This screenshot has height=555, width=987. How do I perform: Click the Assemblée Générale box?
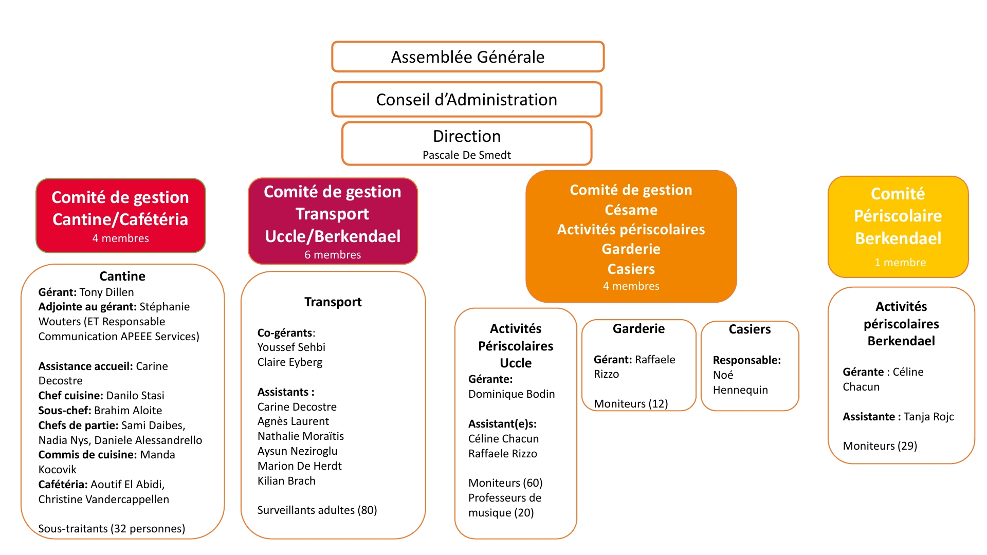tap(467, 57)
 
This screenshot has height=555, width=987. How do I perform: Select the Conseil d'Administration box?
tap(466, 99)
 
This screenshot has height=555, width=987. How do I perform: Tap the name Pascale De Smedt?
tap(466, 155)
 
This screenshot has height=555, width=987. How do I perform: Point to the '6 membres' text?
tap(333, 255)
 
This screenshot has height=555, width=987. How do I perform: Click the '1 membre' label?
tap(900, 263)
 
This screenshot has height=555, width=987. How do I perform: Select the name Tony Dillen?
tap(106, 292)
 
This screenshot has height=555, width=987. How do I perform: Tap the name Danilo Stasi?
tap(135, 396)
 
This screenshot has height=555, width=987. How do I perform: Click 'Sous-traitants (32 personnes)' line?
tap(112, 529)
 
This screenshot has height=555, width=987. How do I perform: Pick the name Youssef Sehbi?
tap(291, 347)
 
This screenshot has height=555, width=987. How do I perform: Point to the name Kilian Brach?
tap(286, 481)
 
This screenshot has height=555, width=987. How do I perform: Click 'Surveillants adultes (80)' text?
tap(317, 510)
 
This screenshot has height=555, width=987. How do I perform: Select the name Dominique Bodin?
tap(511, 394)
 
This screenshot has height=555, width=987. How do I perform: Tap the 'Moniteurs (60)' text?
tap(505, 483)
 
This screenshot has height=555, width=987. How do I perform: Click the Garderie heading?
tap(638, 329)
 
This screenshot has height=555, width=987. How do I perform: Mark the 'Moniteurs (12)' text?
tap(631, 404)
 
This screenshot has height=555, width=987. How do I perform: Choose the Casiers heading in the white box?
tap(750, 329)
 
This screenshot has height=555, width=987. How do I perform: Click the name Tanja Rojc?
tap(928, 417)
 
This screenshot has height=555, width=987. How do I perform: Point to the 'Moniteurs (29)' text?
tap(880, 446)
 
